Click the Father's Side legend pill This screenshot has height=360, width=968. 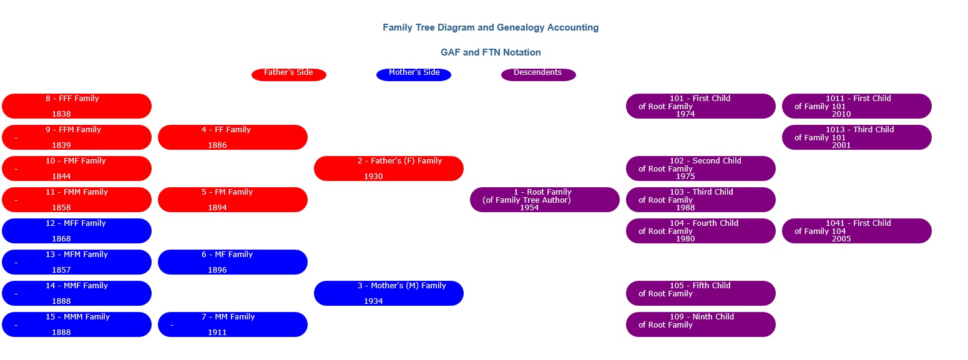tap(289, 75)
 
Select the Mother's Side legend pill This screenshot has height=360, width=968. tap(414, 75)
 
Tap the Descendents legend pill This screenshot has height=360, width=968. tap(539, 75)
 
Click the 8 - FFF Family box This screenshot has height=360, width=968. tap(77, 106)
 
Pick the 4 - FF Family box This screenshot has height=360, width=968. tap(233, 137)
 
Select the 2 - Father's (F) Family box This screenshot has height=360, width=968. tap(388, 168)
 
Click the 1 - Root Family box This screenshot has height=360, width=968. tap(544, 200)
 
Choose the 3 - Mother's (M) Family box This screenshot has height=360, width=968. tap(388, 293)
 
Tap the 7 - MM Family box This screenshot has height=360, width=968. tap(233, 324)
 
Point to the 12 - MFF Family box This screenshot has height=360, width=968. tap(77, 231)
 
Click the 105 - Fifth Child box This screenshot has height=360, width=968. tap(700, 293)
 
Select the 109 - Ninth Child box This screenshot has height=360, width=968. tap(700, 324)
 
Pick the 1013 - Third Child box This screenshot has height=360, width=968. tap(856, 137)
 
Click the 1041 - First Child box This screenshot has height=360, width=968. tap(856, 231)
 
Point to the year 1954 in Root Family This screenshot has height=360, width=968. tap(529, 207)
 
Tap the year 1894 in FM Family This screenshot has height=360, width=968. tap(217, 207)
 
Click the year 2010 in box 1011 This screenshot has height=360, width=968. tap(841, 114)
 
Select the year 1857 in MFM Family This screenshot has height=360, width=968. tap(61, 270)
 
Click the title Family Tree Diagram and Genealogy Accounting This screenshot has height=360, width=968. tap(491, 27)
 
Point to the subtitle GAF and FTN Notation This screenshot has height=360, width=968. tap(491, 52)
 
